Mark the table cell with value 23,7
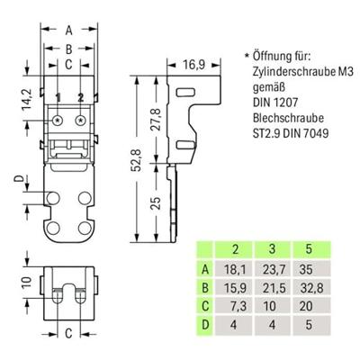pyautogui.click(x=285, y=269)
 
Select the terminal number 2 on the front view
pyautogui.click(x=81, y=96)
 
